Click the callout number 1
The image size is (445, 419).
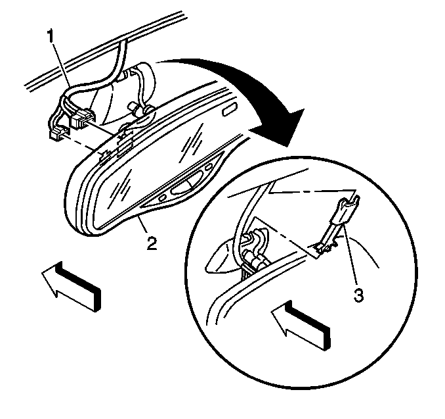51,36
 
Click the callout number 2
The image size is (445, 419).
152,243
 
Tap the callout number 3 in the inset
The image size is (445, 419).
358,295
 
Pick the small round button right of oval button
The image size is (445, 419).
209,166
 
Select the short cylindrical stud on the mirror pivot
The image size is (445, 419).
133,108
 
